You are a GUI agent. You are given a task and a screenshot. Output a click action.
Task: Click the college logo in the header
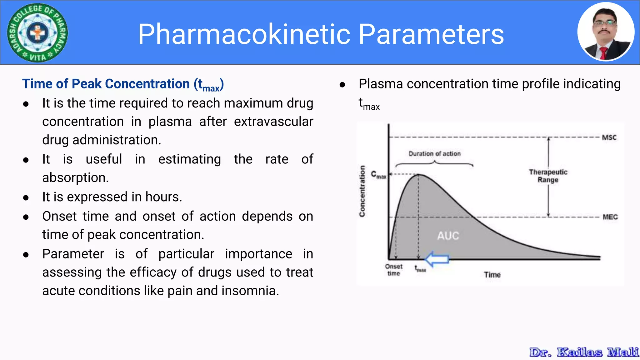(x=37, y=32)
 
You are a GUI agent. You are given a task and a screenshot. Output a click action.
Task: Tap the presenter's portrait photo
(x=606, y=32)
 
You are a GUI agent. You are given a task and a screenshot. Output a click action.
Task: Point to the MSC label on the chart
(x=609, y=137)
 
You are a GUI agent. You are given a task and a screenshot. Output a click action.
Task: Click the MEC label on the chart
(x=610, y=217)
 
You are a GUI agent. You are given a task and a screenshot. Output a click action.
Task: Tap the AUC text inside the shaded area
(x=448, y=236)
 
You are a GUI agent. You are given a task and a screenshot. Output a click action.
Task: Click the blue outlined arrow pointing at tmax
(x=437, y=259)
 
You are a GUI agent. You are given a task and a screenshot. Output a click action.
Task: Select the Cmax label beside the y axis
(x=378, y=175)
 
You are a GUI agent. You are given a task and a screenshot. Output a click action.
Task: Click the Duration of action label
(x=434, y=154)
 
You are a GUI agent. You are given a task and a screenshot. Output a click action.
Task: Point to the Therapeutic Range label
(x=548, y=176)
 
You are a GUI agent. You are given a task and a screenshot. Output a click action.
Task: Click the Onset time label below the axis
(x=394, y=270)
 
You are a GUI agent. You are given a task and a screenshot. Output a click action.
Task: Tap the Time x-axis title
(x=492, y=275)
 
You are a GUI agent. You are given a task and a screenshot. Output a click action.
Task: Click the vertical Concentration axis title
(x=362, y=191)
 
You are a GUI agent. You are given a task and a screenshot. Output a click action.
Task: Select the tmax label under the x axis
(x=420, y=269)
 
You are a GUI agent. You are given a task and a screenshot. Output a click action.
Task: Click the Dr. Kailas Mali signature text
(x=584, y=352)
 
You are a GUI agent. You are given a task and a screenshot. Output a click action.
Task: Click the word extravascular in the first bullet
(x=273, y=122)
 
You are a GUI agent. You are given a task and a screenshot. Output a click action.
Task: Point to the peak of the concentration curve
(x=418, y=174)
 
